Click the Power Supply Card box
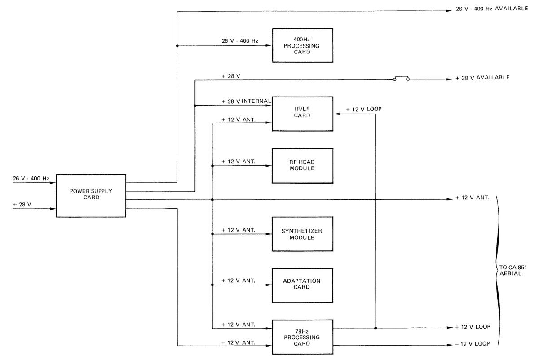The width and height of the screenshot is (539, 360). (x=91, y=194)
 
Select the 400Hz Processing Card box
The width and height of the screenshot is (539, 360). (x=302, y=46)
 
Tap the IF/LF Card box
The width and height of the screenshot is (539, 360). (x=302, y=113)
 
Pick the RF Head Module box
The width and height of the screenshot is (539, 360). (x=302, y=165)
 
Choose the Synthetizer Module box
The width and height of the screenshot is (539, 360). (x=302, y=234)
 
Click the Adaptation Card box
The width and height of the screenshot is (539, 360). (x=302, y=284)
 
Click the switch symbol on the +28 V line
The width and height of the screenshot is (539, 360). (x=402, y=79)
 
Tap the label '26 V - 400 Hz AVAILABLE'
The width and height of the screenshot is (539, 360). (x=491, y=9)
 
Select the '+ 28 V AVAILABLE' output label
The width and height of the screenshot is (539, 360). (x=482, y=78)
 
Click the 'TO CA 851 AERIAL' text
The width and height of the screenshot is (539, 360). (x=510, y=270)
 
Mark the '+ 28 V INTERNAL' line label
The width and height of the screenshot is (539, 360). (x=247, y=101)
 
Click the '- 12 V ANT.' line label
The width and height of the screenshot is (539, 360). (x=239, y=342)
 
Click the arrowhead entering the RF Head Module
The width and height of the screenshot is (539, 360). (x=269, y=166)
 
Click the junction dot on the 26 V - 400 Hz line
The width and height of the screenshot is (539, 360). (x=177, y=46)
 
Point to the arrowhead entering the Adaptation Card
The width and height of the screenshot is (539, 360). (x=269, y=285)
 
